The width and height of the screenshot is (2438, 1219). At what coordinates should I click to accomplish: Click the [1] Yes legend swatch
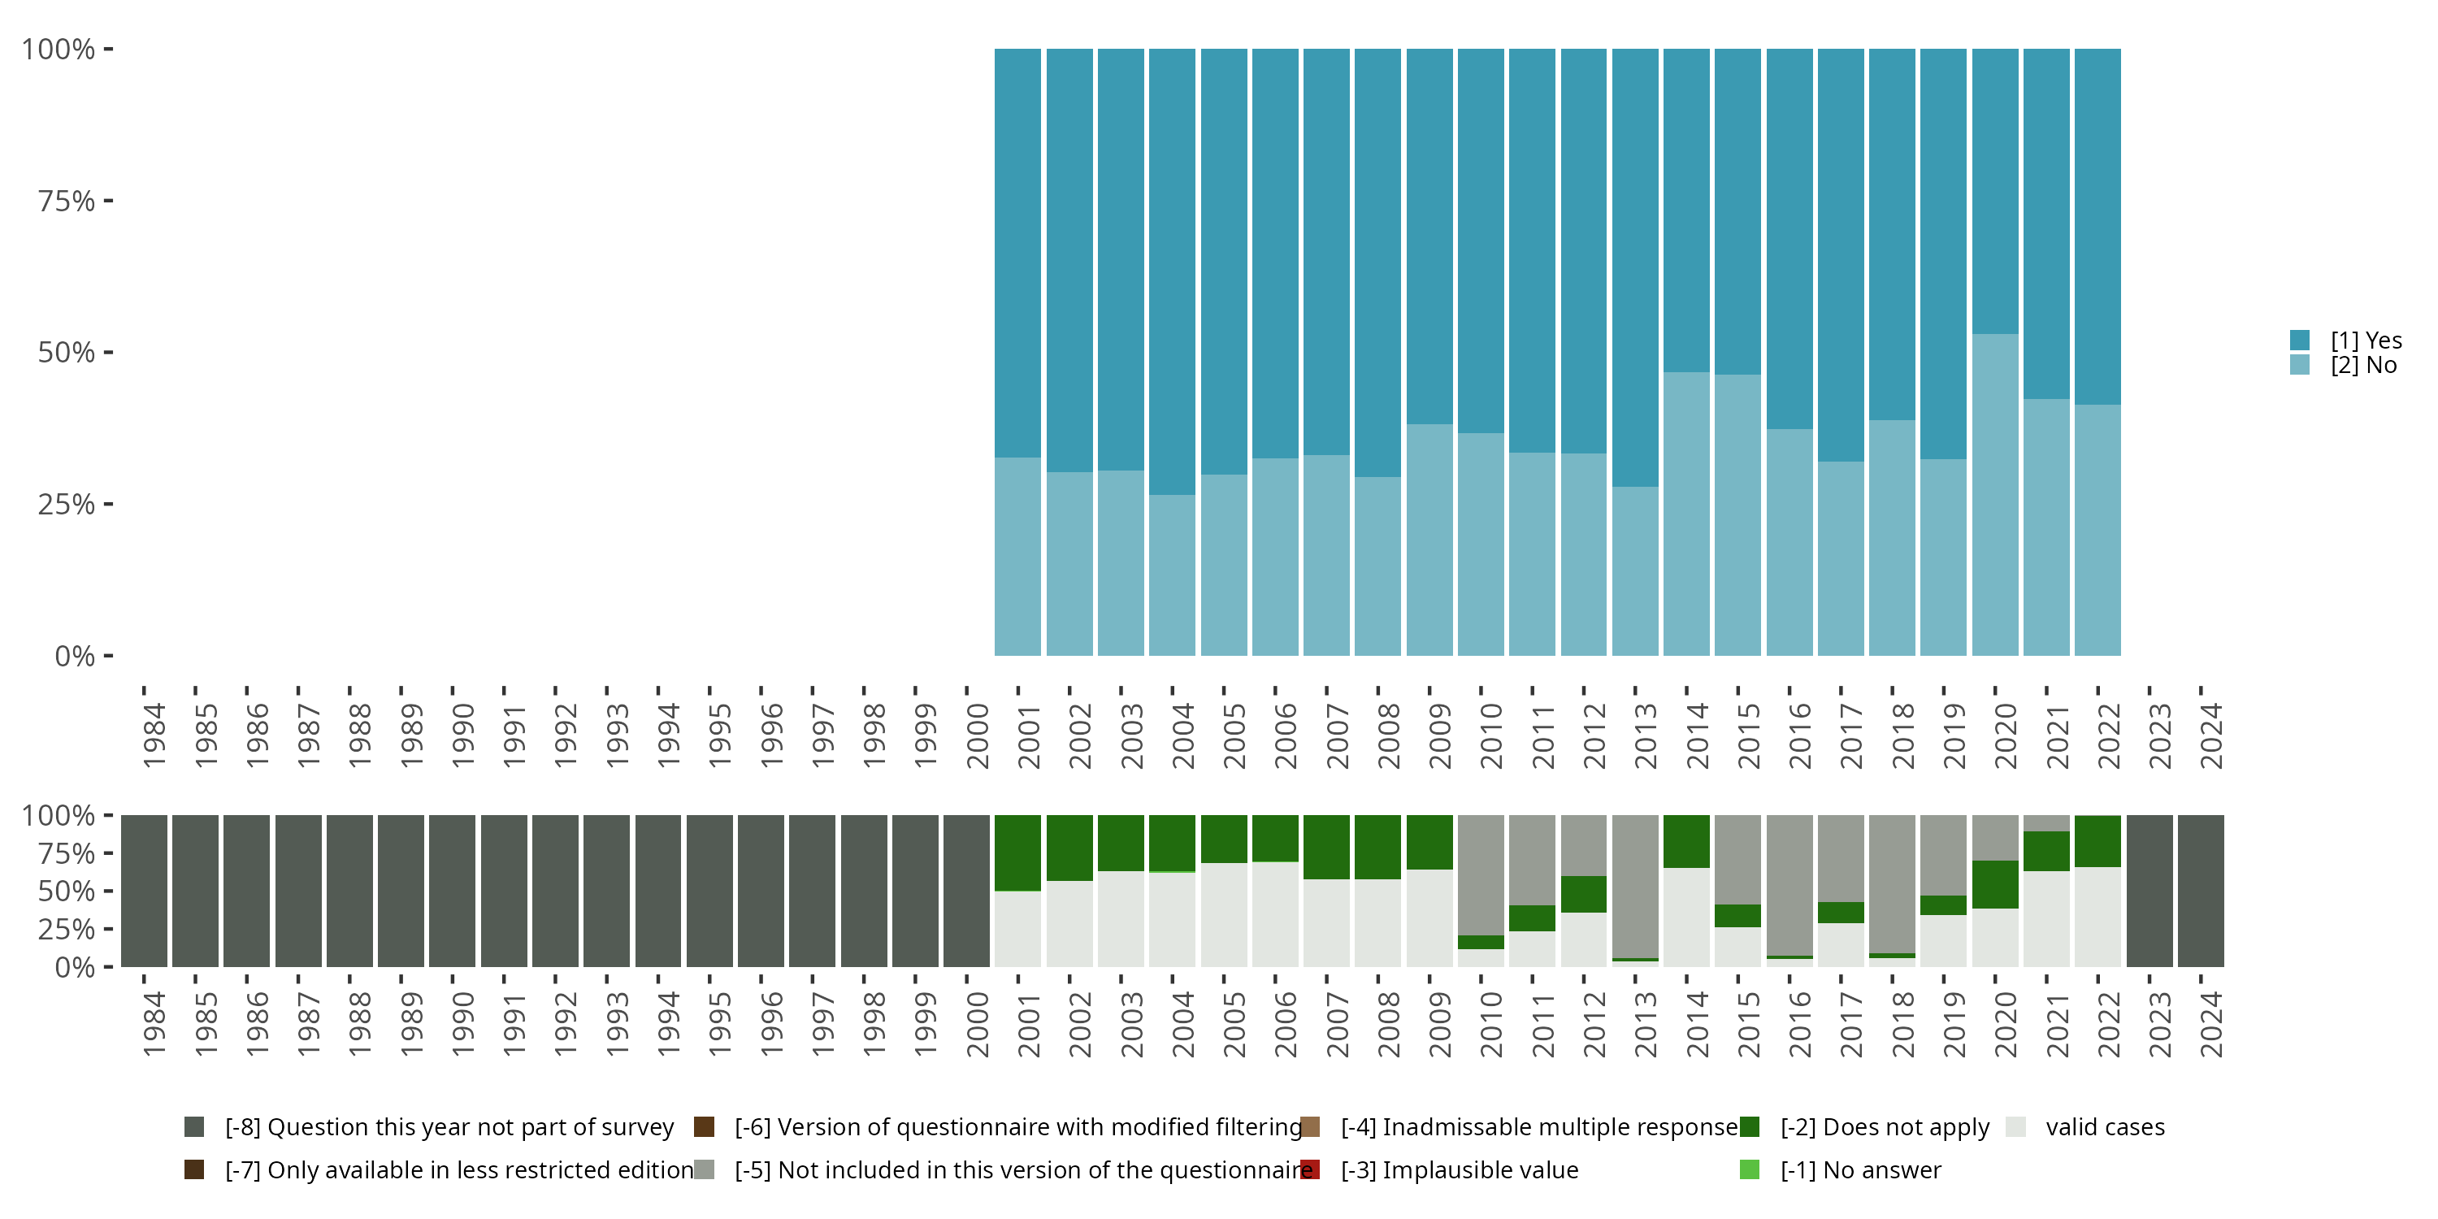click(x=2299, y=340)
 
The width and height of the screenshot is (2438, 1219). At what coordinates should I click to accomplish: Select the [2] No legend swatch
click(x=2299, y=364)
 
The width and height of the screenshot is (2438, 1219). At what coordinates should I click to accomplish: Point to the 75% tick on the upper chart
click(x=67, y=201)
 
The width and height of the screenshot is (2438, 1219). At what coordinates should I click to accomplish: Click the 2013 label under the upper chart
click(x=1645, y=735)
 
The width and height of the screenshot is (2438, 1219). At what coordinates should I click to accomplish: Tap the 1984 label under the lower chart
click(x=154, y=1024)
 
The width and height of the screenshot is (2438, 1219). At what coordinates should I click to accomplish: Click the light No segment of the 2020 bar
click(x=1995, y=492)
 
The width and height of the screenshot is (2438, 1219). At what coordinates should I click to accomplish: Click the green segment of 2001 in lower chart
click(x=1017, y=852)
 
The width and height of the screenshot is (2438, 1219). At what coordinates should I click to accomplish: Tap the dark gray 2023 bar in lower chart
click(x=2150, y=891)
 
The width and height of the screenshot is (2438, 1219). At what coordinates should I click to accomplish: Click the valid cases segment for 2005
click(x=1224, y=914)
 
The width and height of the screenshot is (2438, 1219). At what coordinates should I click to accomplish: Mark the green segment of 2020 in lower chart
click(x=1995, y=884)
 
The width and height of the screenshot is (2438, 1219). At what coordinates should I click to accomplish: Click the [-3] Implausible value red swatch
click(x=1310, y=1169)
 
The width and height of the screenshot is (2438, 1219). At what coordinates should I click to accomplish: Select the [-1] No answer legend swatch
click(x=1749, y=1169)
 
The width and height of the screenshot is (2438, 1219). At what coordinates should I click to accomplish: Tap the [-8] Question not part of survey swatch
click(x=194, y=1126)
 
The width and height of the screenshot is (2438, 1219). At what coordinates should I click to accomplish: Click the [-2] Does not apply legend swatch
click(x=1749, y=1126)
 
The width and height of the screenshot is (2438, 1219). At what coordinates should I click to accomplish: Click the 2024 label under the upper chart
click(x=2210, y=735)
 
